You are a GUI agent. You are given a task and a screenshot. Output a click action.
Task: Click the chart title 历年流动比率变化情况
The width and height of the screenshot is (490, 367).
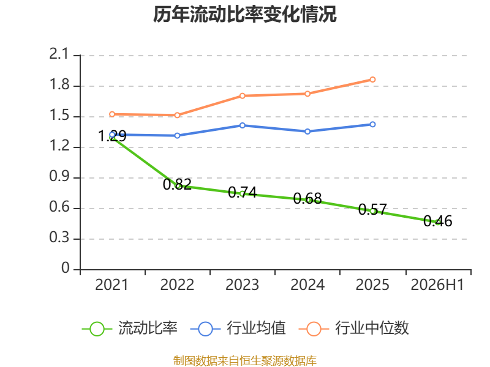coord(244,14)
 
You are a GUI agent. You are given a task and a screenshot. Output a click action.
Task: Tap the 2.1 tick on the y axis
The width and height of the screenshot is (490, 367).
coord(59,54)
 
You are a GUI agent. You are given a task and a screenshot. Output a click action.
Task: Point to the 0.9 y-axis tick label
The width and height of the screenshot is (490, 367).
coord(59,177)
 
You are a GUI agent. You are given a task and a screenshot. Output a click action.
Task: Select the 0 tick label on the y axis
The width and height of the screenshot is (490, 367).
coord(65,268)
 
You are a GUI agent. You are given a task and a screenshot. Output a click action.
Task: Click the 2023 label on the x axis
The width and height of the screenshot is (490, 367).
coord(242,285)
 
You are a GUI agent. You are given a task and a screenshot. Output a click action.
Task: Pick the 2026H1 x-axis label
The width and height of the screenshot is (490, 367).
coord(437,285)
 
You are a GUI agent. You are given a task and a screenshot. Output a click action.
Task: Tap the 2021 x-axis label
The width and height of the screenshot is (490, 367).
coord(112,285)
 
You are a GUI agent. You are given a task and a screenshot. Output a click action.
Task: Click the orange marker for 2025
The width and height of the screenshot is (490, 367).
coord(372,80)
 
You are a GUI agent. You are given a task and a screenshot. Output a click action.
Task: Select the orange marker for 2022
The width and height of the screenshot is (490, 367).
coord(177,115)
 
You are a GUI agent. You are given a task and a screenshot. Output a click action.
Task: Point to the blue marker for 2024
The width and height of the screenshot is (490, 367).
coord(307,132)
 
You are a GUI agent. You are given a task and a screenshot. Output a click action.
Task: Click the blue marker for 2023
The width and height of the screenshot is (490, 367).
coord(242,125)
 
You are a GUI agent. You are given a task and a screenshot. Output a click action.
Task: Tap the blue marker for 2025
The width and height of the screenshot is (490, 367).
coord(372,125)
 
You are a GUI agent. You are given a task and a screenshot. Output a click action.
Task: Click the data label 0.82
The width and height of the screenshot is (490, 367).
coord(177,184)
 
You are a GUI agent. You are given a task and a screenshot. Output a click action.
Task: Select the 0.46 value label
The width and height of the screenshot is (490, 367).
coord(438,221)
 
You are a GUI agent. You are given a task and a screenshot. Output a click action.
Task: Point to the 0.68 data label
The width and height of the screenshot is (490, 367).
coord(307,198)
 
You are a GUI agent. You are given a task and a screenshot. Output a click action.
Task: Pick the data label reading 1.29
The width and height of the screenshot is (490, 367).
coord(112,136)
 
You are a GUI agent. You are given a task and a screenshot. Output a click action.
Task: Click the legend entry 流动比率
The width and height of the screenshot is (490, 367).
coord(130,328)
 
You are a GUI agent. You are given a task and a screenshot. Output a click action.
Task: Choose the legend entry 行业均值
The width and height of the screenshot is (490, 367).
coord(238,328)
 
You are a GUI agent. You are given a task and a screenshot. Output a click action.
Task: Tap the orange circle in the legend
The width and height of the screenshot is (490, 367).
coord(314,329)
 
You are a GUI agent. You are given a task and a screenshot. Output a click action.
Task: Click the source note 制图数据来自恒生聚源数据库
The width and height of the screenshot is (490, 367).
coord(245,361)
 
